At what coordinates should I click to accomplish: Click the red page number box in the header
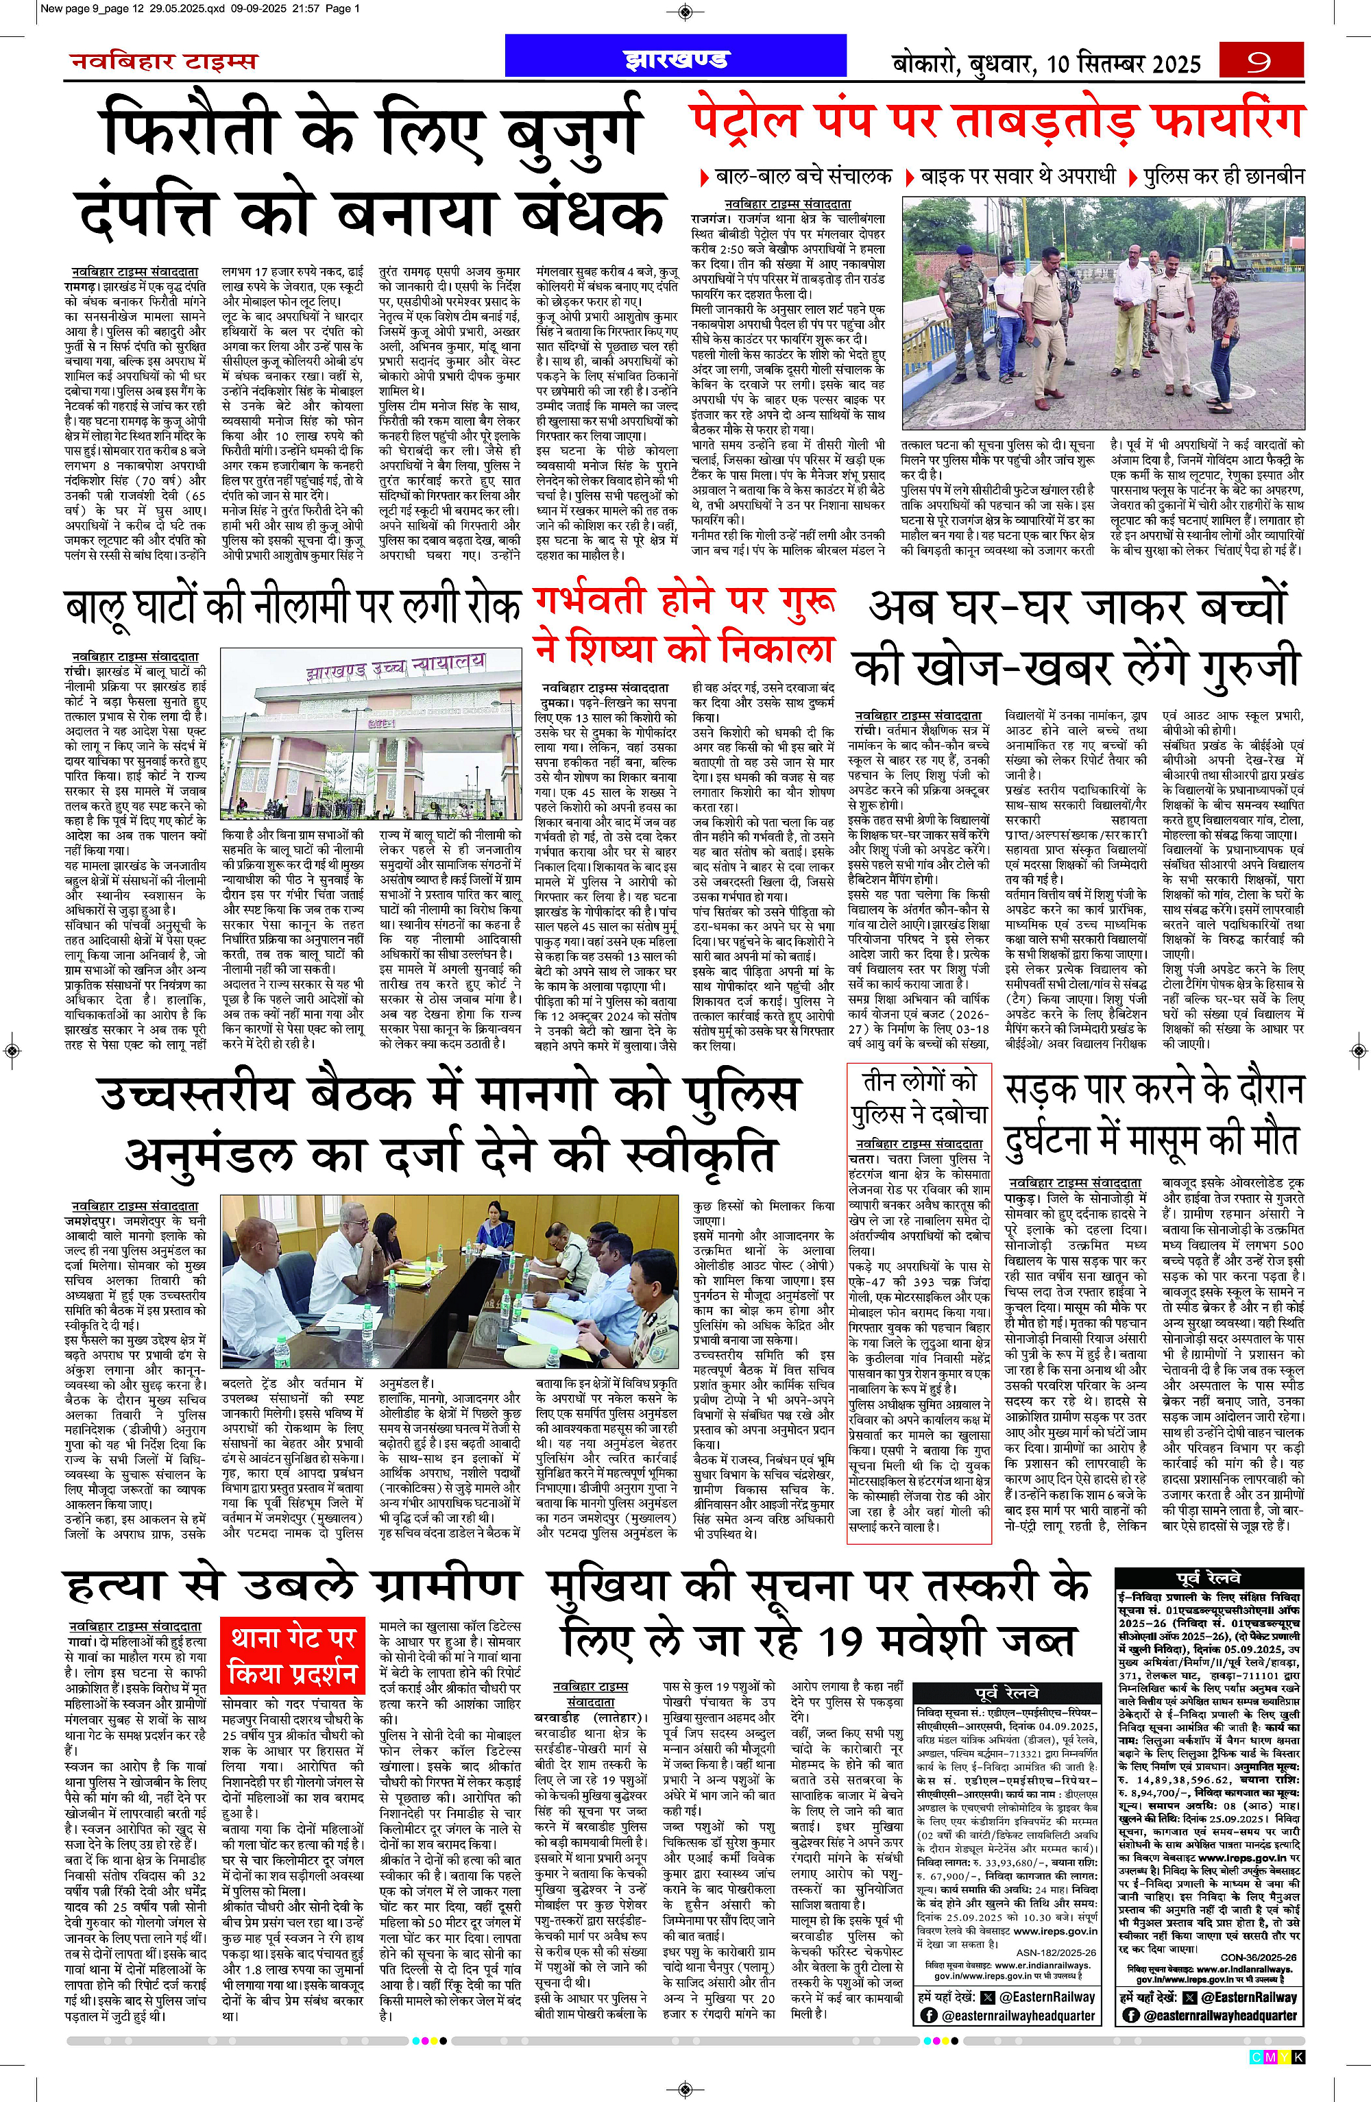[1261, 62]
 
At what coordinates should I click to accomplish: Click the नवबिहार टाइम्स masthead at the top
[163, 62]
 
